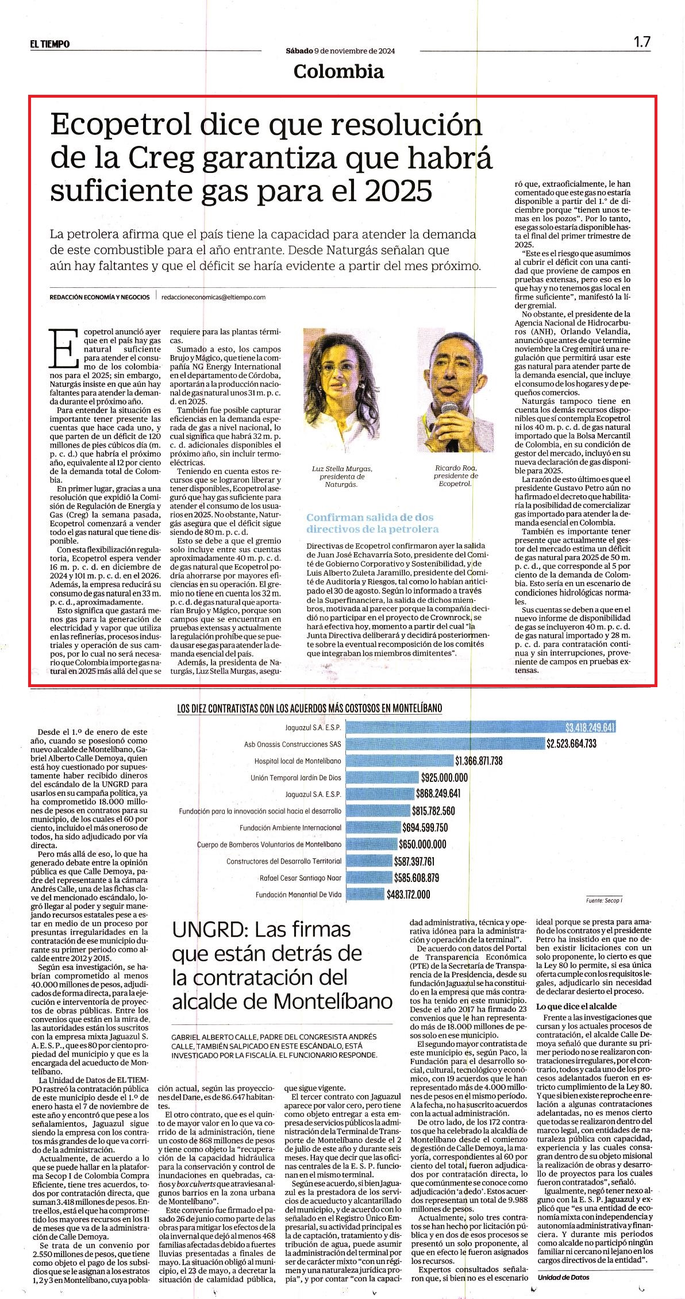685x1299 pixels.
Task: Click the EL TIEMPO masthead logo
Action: point(50,44)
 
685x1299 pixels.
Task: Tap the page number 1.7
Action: point(642,42)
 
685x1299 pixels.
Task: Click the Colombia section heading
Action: point(338,71)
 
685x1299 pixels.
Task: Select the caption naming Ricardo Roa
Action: point(456,476)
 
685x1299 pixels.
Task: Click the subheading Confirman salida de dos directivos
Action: point(372,523)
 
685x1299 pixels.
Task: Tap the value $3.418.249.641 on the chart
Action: point(590,727)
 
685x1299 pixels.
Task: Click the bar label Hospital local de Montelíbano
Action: point(298,761)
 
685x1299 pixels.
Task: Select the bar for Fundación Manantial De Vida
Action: point(368,894)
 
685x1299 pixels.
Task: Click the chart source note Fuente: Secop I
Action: point(605,901)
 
